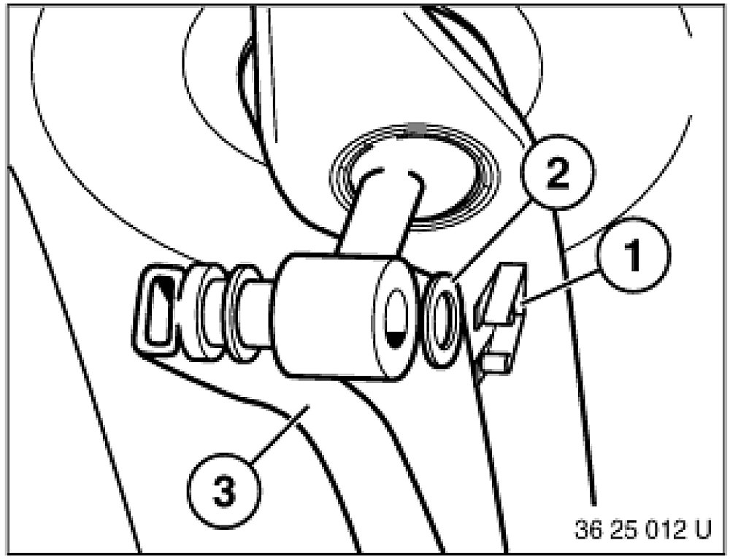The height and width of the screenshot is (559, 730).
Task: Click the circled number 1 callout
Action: click(634, 255)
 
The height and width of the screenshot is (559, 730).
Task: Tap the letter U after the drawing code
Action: click(702, 530)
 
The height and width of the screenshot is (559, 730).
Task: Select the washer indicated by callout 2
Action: click(442, 320)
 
